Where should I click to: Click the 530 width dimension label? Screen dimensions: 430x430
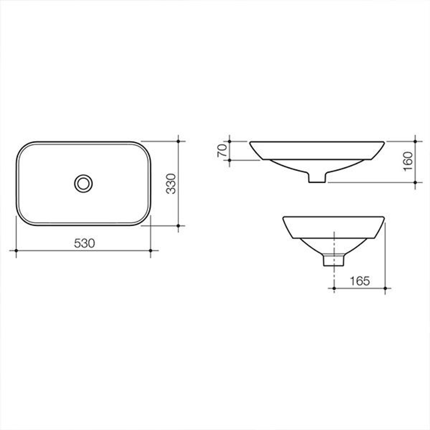(x=84, y=243)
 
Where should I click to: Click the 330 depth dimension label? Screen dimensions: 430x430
(x=171, y=184)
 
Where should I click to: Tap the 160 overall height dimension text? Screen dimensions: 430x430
(x=408, y=161)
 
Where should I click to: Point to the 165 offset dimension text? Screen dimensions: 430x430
(x=360, y=281)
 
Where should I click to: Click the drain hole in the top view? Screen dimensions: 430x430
(x=84, y=183)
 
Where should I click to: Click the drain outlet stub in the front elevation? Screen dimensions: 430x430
(x=317, y=178)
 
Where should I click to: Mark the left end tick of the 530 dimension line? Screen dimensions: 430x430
(x=16, y=250)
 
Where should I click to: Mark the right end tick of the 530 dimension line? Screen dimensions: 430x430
(x=150, y=250)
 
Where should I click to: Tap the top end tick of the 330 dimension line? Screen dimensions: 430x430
(x=178, y=141)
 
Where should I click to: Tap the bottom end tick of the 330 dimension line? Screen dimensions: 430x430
(x=178, y=226)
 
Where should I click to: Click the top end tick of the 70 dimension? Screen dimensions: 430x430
(x=230, y=141)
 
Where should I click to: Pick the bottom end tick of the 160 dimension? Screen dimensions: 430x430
(x=415, y=182)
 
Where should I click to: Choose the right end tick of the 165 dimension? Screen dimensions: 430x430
(x=385, y=287)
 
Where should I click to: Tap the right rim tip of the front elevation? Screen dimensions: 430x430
(x=383, y=143)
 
